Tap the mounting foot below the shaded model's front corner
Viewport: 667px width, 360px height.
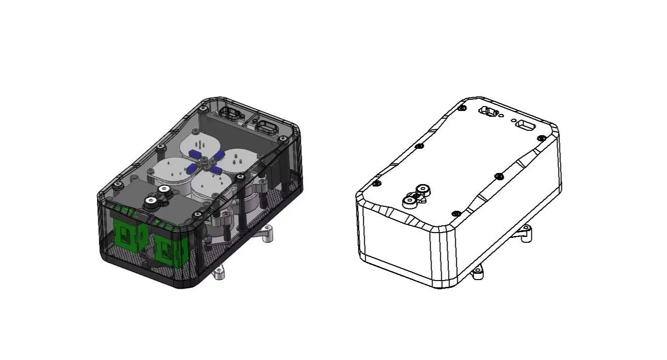219,274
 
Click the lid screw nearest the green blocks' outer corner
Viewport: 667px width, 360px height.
116,185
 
